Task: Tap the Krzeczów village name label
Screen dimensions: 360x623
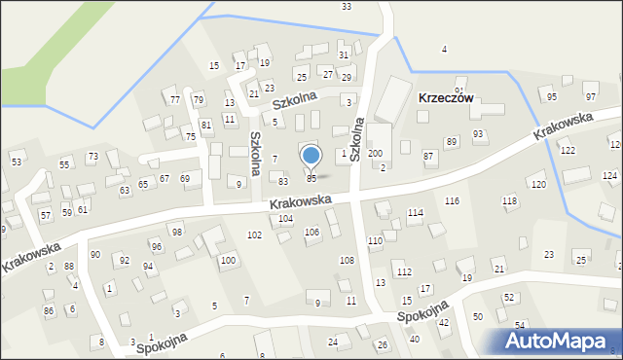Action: pyautogui.click(x=445, y=98)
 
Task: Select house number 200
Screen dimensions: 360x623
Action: pyautogui.click(x=375, y=154)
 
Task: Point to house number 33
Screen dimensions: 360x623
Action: pyautogui.click(x=347, y=7)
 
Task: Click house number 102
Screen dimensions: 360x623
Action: pyautogui.click(x=254, y=235)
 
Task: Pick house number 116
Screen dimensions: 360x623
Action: pyautogui.click(x=452, y=200)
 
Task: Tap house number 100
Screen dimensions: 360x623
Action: pyautogui.click(x=228, y=260)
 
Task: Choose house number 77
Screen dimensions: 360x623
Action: pyautogui.click(x=175, y=100)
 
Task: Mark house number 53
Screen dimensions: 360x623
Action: pyautogui.click(x=17, y=161)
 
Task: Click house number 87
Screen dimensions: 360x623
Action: pyautogui.click(x=428, y=156)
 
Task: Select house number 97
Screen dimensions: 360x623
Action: pyautogui.click(x=590, y=97)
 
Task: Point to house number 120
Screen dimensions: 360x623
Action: pyautogui.click(x=537, y=184)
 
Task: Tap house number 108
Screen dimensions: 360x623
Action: pyautogui.click(x=346, y=260)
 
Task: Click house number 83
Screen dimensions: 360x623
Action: pyautogui.click(x=283, y=182)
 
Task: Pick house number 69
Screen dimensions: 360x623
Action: pyautogui.click(x=185, y=178)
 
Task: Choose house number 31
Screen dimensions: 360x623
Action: pyautogui.click(x=344, y=54)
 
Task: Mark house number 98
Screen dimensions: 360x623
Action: pyautogui.click(x=177, y=232)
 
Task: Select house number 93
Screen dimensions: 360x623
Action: pyautogui.click(x=478, y=134)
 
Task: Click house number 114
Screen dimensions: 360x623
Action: pyautogui.click(x=416, y=212)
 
